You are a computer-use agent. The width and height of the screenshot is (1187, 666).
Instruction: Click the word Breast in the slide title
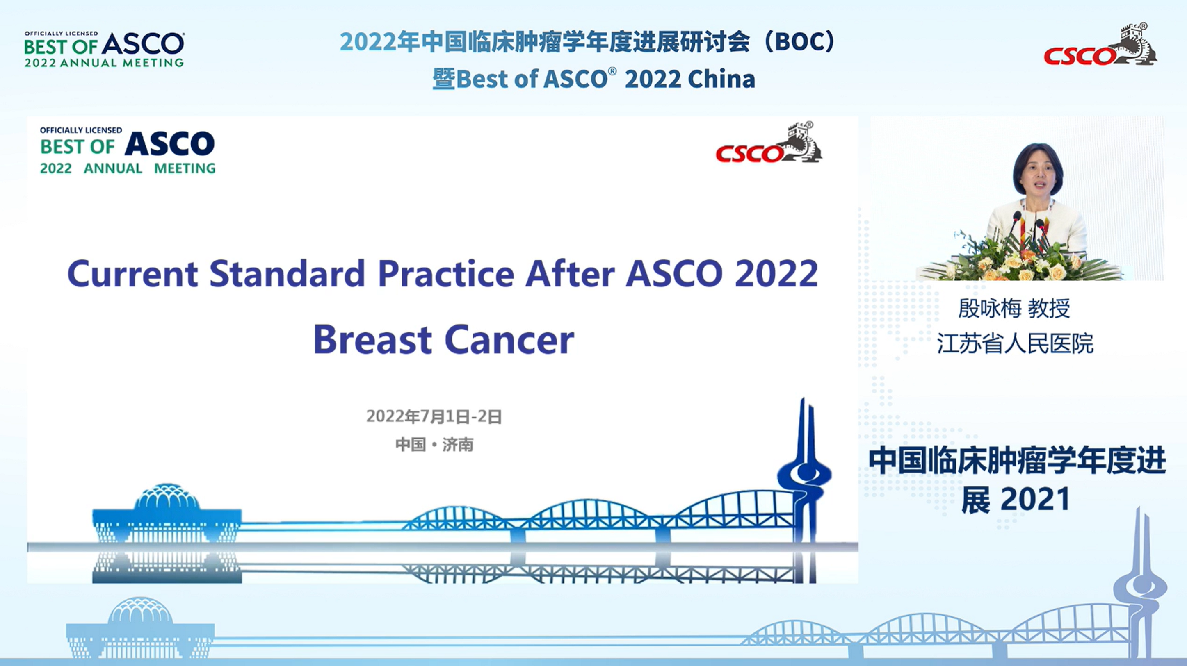pyautogui.click(x=372, y=339)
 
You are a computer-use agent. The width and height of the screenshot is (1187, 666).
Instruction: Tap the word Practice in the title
pyautogui.click(x=445, y=274)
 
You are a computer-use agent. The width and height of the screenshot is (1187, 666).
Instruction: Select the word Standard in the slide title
pyautogui.click(x=287, y=274)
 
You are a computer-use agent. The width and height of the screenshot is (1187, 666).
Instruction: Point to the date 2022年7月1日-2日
pyautogui.click(x=434, y=416)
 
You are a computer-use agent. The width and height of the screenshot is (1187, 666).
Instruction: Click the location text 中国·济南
pyautogui.click(x=434, y=444)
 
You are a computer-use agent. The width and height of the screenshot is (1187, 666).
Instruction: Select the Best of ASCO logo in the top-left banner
pyautogui.click(x=104, y=49)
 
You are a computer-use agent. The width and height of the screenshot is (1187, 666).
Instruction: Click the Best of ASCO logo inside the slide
pyautogui.click(x=128, y=150)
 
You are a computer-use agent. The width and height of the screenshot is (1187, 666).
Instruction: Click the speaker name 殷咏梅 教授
pyautogui.click(x=1014, y=308)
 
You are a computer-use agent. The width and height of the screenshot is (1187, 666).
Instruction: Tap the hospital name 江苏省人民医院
pyautogui.click(x=1015, y=343)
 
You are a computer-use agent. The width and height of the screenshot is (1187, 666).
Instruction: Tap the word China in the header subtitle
pyautogui.click(x=721, y=79)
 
